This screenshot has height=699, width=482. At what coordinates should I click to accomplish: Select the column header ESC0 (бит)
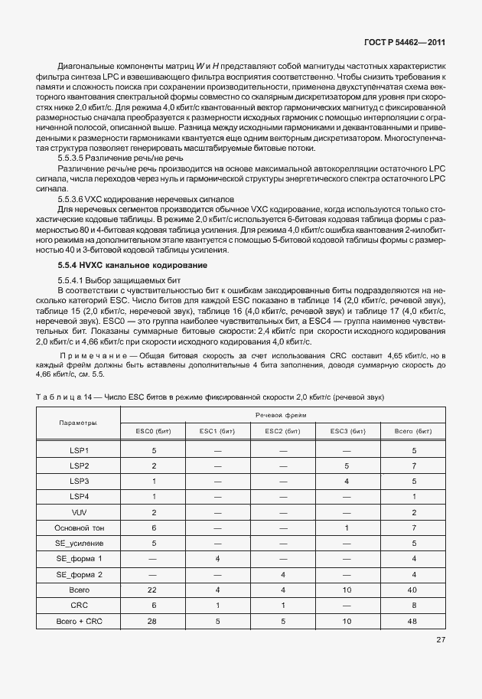pyautogui.click(x=153, y=431)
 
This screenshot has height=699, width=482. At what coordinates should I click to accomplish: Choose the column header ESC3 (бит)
pyautogui.click(x=347, y=431)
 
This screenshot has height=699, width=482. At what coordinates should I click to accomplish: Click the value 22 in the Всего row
pyautogui.click(x=153, y=590)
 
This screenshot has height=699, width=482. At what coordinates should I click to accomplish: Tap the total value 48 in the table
pyautogui.click(x=412, y=621)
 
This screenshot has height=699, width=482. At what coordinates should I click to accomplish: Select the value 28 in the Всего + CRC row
pyautogui.click(x=153, y=621)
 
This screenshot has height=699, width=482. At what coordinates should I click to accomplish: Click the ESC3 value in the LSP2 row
pyautogui.click(x=347, y=465)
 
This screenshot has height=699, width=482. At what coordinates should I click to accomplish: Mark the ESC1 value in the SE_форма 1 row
pyautogui.click(x=218, y=559)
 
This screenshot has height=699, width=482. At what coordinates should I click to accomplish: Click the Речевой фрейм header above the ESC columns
pyautogui.click(x=282, y=415)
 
